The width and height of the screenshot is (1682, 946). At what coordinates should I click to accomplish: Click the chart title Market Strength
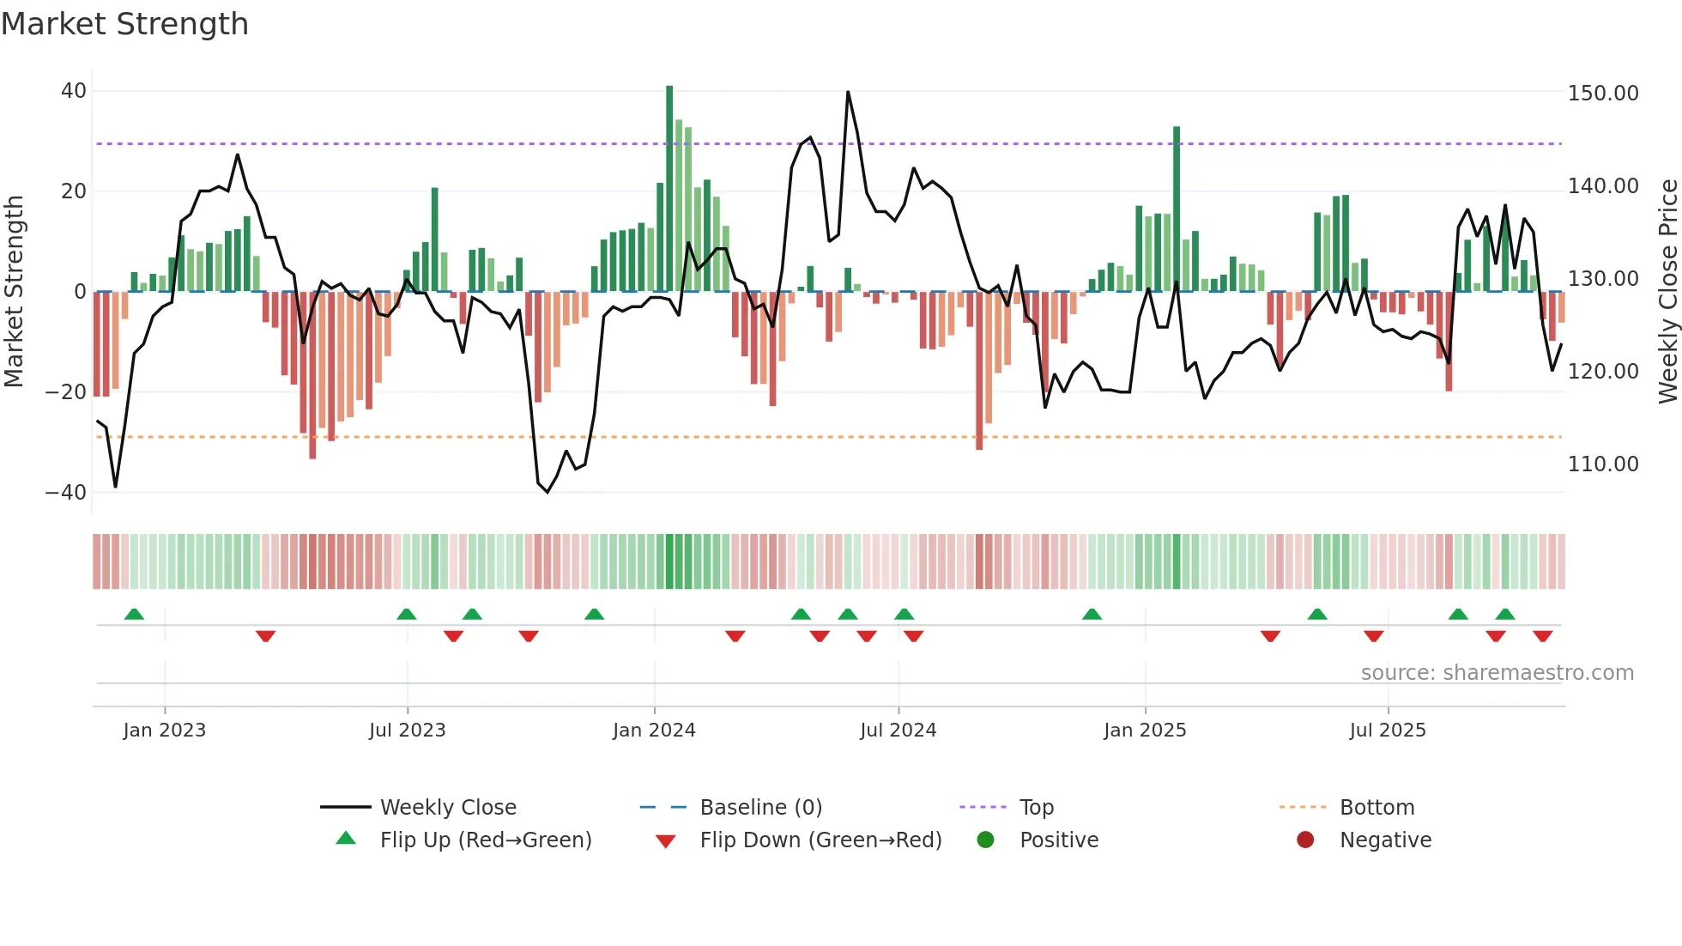click(x=124, y=24)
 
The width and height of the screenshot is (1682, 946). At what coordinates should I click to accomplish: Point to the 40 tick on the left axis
click(x=74, y=91)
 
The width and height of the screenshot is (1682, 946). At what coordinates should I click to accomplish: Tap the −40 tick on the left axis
click(x=66, y=493)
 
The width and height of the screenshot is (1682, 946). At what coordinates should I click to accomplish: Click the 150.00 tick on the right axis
click(x=1602, y=94)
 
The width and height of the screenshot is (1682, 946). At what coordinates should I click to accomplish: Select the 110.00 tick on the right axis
click(x=1602, y=464)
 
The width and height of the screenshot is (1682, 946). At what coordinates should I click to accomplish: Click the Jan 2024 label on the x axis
click(x=654, y=731)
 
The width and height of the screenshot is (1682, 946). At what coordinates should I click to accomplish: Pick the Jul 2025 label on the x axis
click(x=1387, y=731)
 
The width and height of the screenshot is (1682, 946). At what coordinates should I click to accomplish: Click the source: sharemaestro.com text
click(x=1497, y=673)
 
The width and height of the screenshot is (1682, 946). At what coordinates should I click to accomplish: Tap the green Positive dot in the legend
click(x=985, y=840)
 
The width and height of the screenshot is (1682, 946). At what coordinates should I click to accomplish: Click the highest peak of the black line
click(x=848, y=92)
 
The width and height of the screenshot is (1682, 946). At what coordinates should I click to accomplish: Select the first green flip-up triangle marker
click(x=134, y=614)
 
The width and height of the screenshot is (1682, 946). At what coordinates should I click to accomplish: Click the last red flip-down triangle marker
click(x=1542, y=636)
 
